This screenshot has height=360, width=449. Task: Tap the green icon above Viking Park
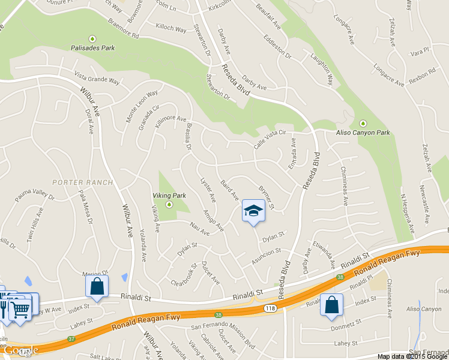169,205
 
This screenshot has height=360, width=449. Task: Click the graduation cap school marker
253,211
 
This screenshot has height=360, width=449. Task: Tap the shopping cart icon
20,309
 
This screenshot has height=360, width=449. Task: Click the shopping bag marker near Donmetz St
331,305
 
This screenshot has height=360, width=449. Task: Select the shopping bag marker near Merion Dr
97,287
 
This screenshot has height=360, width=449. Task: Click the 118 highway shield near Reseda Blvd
268,308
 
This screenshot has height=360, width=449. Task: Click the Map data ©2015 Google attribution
412,356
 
